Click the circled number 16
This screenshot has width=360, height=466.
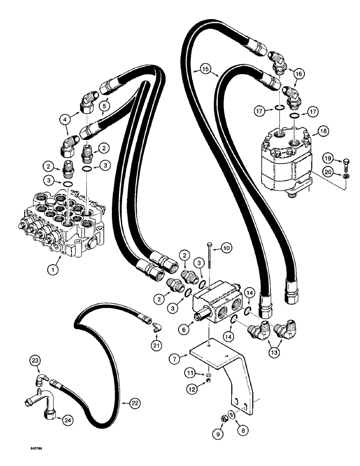(298, 74)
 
